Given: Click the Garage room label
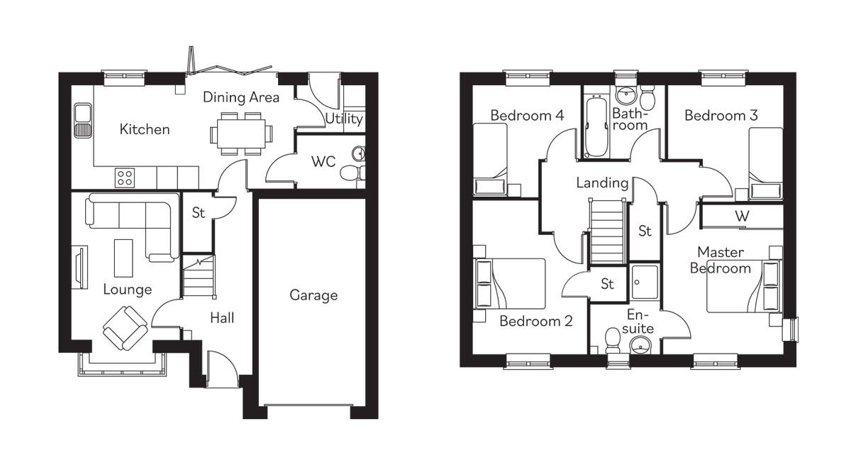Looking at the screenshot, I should (313, 295).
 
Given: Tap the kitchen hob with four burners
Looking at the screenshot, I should (126, 177).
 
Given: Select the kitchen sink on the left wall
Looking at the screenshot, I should (83, 121).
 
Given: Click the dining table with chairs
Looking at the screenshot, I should (241, 133).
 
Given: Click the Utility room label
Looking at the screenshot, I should (344, 119).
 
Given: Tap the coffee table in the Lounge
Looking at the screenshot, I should (123, 258).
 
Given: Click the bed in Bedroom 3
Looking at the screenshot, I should (766, 162).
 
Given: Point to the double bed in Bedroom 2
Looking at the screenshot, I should (510, 283).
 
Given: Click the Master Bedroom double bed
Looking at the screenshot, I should (745, 285).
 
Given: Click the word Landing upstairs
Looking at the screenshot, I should (602, 183).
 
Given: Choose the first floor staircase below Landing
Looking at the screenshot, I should (606, 231).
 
